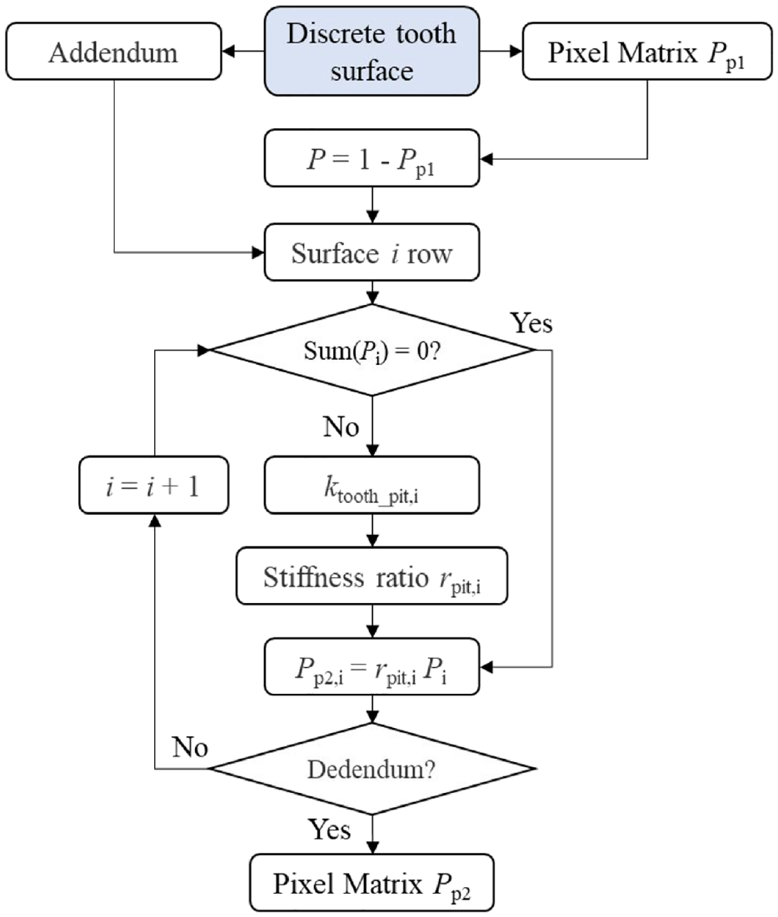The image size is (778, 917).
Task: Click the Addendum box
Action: tap(113, 52)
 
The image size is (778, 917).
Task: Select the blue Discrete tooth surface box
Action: tap(372, 52)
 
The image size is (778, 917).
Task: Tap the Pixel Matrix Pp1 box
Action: tap(647, 52)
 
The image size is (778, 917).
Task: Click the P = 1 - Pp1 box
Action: tap(372, 158)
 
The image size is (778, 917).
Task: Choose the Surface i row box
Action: tap(372, 252)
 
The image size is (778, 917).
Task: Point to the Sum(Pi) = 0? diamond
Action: tap(372, 351)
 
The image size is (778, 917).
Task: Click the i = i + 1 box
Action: tap(154, 486)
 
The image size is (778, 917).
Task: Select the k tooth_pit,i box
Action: tap(372, 486)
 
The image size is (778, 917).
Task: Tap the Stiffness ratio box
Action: tap(372, 576)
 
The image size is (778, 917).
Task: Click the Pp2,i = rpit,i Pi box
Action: tap(372, 667)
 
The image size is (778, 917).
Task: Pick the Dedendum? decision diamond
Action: tap(372, 769)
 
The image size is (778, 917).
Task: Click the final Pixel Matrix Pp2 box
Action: tap(372, 883)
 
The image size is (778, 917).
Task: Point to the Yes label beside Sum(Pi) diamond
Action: tap(531, 323)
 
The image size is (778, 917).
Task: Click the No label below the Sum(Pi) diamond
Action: tap(341, 427)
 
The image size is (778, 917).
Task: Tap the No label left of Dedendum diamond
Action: tap(190, 747)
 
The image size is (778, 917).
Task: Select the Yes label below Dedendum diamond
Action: tap(329, 830)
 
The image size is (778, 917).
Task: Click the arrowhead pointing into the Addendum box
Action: tap(229, 52)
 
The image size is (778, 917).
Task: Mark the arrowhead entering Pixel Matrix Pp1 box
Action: tap(516, 52)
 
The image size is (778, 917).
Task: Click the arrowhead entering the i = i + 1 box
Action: tap(154, 521)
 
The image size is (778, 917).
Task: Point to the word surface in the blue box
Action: tap(372, 71)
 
